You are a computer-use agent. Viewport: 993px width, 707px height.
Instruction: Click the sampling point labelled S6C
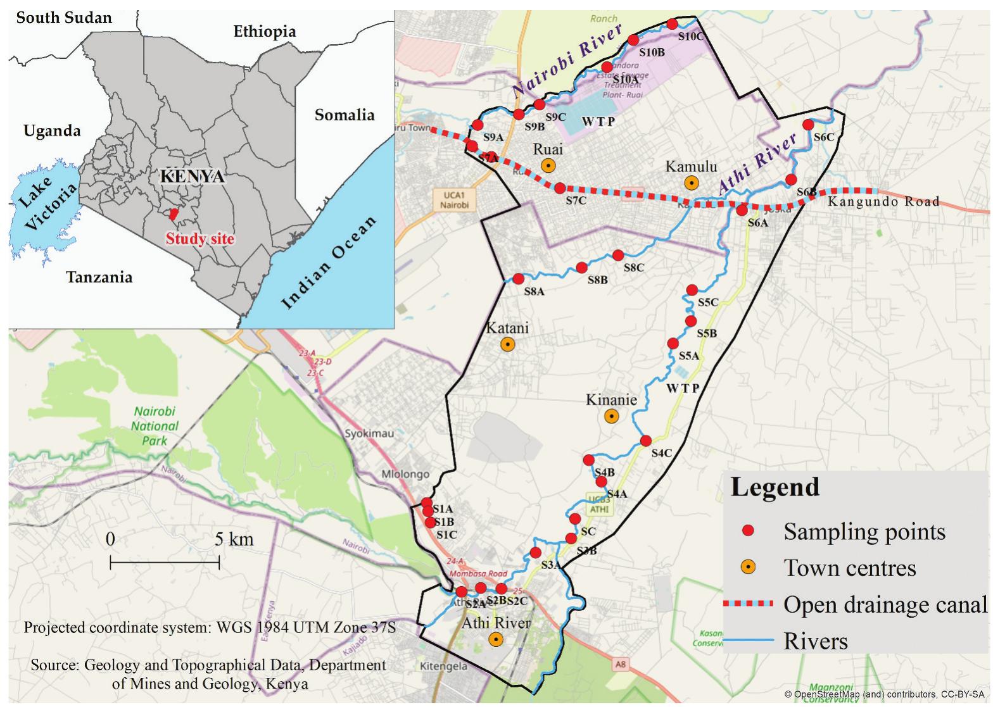[x=808, y=125]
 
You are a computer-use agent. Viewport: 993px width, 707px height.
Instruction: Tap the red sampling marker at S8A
[x=519, y=278]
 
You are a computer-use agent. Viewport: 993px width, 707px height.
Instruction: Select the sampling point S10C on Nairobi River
[x=673, y=24]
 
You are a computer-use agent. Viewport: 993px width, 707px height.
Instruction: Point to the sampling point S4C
[x=646, y=441]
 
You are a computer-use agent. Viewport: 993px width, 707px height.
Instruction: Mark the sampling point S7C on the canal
[x=560, y=188]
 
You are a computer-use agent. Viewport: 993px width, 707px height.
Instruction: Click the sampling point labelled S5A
[x=673, y=344]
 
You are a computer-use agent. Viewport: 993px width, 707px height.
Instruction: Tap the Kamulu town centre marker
[x=692, y=183]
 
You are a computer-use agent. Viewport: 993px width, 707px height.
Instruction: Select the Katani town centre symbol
[x=507, y=344]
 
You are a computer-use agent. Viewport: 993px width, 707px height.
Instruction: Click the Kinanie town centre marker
[x=611, y=416]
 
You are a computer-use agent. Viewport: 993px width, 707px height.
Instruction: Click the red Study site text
[x=200, y=239]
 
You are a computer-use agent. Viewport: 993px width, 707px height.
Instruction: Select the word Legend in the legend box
[x=775, y=487]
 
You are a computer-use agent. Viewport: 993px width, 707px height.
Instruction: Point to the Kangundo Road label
[x=883, y=202]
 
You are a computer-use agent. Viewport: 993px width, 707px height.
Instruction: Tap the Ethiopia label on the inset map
[x=264, y=31]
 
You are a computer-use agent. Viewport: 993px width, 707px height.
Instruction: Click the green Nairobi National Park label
[x=155, y=426]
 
